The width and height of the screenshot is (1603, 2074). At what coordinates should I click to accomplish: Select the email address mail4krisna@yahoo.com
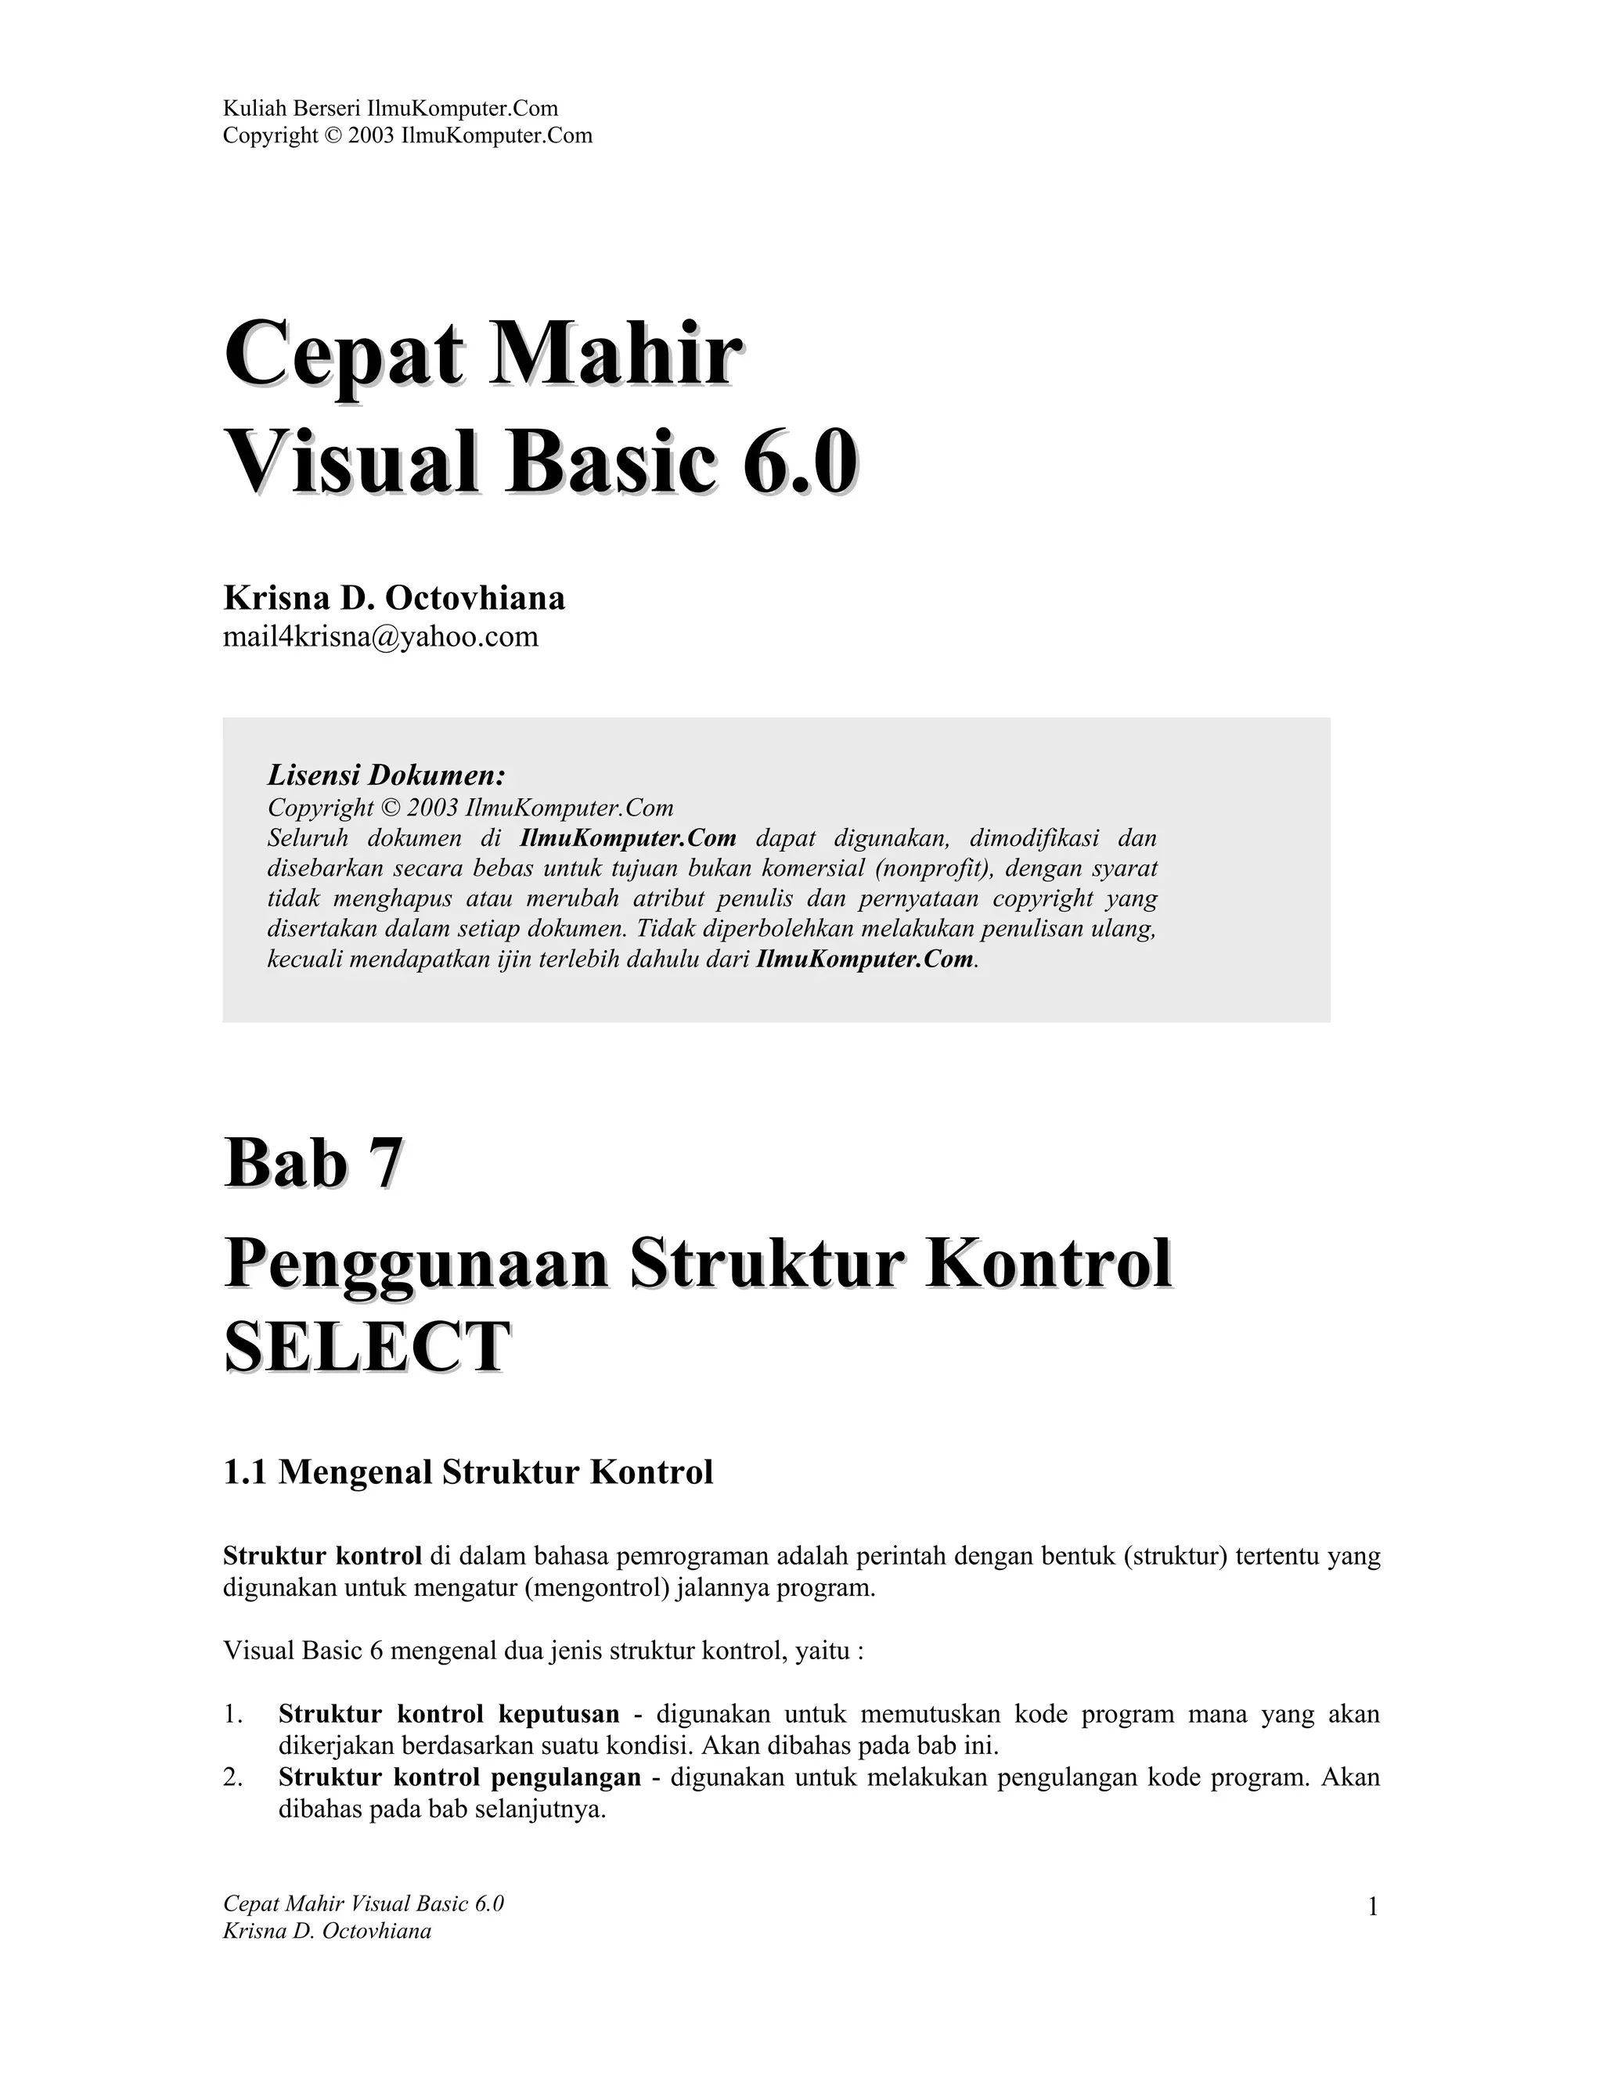[x=380, y=636]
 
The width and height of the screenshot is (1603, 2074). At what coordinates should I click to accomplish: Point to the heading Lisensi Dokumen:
[x=386, y=775]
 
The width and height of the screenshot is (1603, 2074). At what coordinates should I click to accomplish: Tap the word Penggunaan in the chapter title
[x=415, y=1265]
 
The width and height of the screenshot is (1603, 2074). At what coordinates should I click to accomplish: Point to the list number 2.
[x=232, y=1777]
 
